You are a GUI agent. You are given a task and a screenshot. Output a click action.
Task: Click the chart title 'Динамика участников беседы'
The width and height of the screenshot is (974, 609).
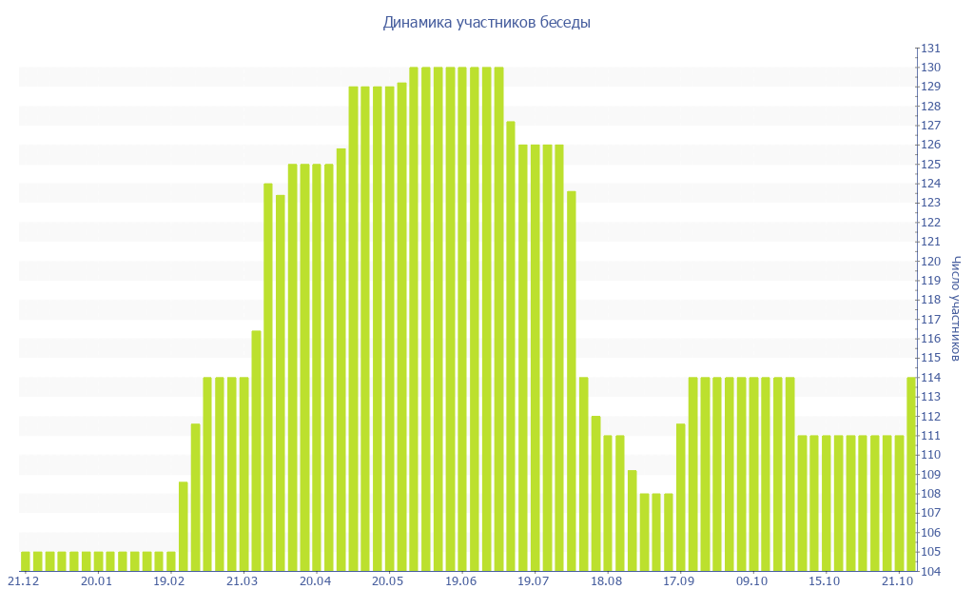point(486,23)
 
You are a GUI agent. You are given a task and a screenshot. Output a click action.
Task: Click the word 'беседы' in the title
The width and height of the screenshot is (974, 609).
point(566,23)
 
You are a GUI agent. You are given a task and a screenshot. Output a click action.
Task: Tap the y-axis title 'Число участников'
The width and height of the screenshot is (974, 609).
point(955,308)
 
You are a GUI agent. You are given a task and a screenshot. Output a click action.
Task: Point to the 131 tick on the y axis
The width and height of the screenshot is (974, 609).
point(929,49)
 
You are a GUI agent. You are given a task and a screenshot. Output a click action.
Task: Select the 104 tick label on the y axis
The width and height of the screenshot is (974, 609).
point(929,572)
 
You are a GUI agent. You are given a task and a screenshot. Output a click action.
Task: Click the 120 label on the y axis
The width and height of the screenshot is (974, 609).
point(929,262)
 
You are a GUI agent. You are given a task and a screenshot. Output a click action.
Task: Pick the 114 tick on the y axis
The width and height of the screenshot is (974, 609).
point(929,378)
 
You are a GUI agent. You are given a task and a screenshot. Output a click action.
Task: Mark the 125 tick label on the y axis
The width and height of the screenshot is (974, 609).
point(929,165)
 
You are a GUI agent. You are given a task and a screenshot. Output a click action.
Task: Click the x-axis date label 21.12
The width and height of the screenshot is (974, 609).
point(24,581)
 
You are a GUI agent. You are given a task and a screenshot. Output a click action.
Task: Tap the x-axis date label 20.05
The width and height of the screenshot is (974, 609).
point(387,581)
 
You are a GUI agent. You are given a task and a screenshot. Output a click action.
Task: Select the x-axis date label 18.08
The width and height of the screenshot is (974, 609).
point(606,581)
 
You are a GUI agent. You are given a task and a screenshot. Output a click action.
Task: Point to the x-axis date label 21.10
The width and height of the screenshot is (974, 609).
point(898,581)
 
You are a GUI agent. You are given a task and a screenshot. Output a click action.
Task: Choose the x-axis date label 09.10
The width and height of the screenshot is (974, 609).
point(752,581)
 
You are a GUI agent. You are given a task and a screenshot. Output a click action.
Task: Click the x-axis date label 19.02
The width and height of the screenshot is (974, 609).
point(168,581)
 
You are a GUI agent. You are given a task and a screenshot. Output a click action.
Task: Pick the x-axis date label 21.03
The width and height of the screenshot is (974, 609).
point(242,581)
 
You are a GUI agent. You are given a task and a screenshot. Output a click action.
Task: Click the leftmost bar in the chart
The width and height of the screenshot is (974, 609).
point(26,561)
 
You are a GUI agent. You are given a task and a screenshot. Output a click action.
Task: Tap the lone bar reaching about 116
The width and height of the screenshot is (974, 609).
point(257,451)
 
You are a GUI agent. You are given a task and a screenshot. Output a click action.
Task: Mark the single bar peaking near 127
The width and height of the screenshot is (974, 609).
point(511,346)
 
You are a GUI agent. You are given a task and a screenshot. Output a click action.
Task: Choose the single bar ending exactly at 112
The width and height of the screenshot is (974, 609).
point(595,494)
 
